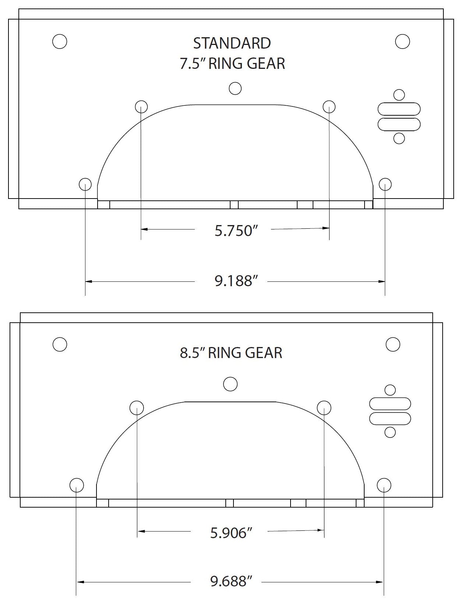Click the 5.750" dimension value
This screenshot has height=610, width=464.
(x=235, y=231)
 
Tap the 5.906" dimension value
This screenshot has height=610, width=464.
(x=231, y=533)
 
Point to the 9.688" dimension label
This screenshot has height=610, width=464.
(x=231, y=581)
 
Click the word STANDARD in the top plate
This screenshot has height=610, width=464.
(x=232, y=43)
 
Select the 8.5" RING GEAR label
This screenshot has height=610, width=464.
(x=231, y=353)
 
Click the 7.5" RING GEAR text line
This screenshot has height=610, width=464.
(x=232, y=64)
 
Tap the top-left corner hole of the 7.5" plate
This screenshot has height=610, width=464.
(x=60, y=41)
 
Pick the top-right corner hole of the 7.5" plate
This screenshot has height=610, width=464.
(x=403, y=41)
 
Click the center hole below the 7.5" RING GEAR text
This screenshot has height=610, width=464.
(x=235, y=88)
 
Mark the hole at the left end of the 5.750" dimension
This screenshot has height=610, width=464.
(x=141, y=107)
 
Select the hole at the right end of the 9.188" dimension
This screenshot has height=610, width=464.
(x=385, y=184)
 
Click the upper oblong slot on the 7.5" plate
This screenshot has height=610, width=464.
(x=399, y=109)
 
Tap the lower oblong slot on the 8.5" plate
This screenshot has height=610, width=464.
(x=390, y=419)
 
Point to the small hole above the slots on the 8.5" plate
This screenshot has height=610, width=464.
(x=390, y=390)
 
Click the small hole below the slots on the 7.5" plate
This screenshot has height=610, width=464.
(x=399, y=138)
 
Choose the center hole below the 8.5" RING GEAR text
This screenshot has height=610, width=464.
(x=231, y=384)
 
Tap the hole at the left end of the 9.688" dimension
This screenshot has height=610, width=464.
(x=77, y=485)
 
